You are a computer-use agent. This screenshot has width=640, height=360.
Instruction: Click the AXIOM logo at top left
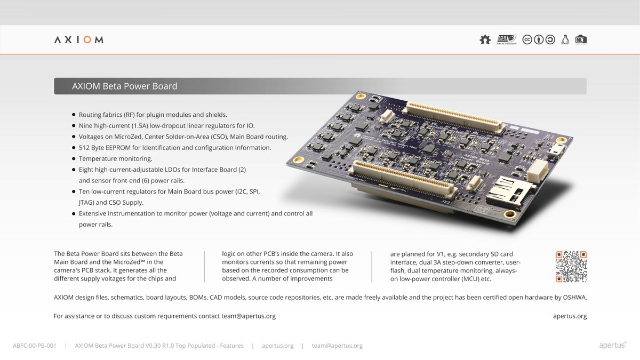click(79, 40)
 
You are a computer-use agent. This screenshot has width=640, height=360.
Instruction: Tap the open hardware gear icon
click(485, 39)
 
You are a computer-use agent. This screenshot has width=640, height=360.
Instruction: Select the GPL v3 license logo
click(506, 39)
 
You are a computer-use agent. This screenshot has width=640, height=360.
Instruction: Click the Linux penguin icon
click(565, 39)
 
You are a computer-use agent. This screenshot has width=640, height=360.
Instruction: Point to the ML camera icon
click(581, 39)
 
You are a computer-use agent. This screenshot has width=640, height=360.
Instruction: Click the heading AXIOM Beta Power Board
click(125, 86)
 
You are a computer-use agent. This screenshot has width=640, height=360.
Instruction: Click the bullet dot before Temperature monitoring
click(74, 159)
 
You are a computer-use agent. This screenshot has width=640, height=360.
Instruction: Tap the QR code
click(571, 267)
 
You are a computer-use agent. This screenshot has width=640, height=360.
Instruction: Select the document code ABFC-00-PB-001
click(35, 346)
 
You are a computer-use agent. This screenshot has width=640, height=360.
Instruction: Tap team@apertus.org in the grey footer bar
click(337, 346)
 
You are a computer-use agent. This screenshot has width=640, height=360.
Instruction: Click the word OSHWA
click(574, 298)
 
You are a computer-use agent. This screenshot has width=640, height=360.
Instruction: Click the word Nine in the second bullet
click(86, 126)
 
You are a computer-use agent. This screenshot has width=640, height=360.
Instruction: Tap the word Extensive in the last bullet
click(94, 213)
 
